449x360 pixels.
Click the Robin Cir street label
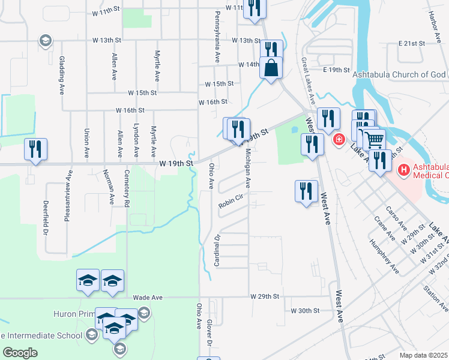coord(229,202)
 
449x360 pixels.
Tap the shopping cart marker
coord(374,140)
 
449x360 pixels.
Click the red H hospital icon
coord(404,170)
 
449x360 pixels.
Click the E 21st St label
coord(411,44)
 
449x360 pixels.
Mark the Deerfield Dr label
coord(46,217)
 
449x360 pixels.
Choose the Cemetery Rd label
coord(127,193)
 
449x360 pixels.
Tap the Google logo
coord(20,353)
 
